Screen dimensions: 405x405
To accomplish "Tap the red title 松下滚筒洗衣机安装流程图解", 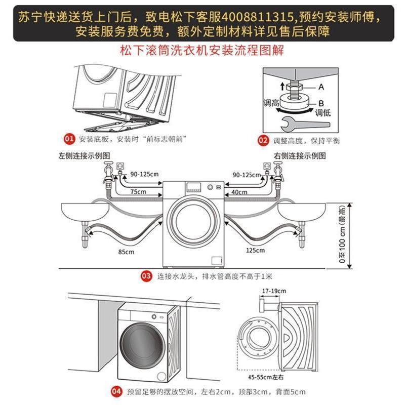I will click(202, 51).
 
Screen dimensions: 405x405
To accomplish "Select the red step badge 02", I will click(263, 140).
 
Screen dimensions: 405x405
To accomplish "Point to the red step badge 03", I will click(146, 276).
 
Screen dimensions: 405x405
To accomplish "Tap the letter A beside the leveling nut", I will click(320, 87).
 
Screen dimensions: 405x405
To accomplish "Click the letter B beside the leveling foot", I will click(321, 103).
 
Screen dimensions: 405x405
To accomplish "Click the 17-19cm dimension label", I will click(274, 291).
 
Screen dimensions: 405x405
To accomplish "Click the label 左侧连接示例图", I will click(84, 154).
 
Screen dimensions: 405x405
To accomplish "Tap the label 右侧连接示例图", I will click(299, 154).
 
